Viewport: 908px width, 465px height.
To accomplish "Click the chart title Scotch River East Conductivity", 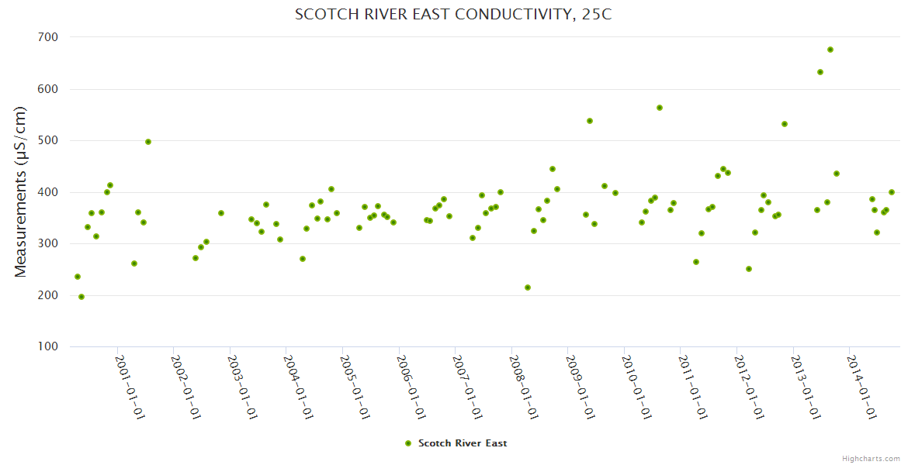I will coord(453,15).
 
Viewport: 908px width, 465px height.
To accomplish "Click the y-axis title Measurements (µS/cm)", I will coord(21,191).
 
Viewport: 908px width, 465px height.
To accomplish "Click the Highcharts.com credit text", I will coord(871,459).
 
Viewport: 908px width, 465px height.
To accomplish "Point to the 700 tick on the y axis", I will coord(48,37).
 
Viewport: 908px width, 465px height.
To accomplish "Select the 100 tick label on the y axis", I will coord(48,346).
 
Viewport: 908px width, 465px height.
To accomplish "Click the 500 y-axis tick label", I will coord(48,140).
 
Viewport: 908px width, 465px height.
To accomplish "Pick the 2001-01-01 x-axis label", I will coord(130,387).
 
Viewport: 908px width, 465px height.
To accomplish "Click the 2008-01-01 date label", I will coord(524,387).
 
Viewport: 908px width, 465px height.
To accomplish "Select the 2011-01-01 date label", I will coord(693,387).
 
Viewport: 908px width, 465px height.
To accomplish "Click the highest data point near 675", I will coord(830,50).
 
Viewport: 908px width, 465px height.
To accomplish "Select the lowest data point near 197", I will coord(81,297).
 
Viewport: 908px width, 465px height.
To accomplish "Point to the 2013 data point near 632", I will coord(820,72).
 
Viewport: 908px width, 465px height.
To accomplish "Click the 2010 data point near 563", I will coord(660,108).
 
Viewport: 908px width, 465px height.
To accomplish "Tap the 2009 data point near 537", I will coord(590,121).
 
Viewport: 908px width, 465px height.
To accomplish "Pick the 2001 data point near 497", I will coord(148,142).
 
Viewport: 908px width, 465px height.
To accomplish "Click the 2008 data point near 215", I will coord(528,288).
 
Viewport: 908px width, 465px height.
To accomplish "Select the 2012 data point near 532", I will coord(785,124).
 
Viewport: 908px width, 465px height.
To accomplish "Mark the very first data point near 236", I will coord(78,277).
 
